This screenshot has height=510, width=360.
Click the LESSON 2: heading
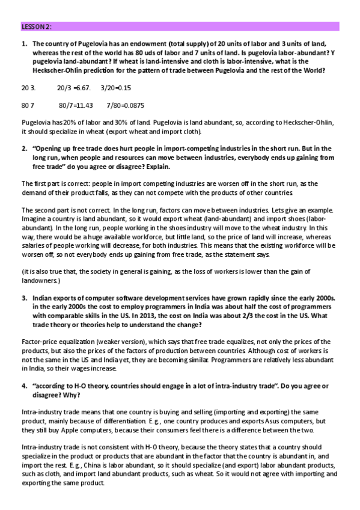pos(37,27)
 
